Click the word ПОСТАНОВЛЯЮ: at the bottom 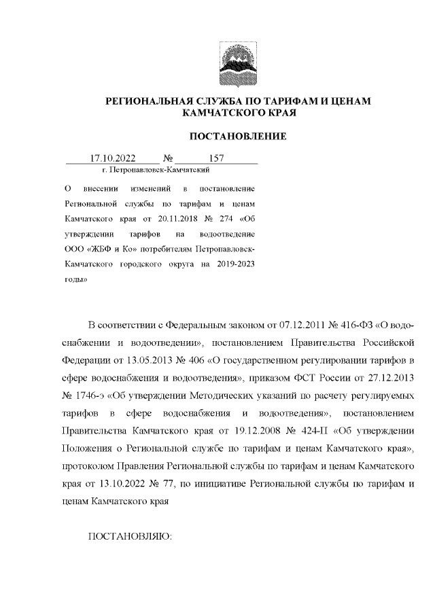coord(132,537)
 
